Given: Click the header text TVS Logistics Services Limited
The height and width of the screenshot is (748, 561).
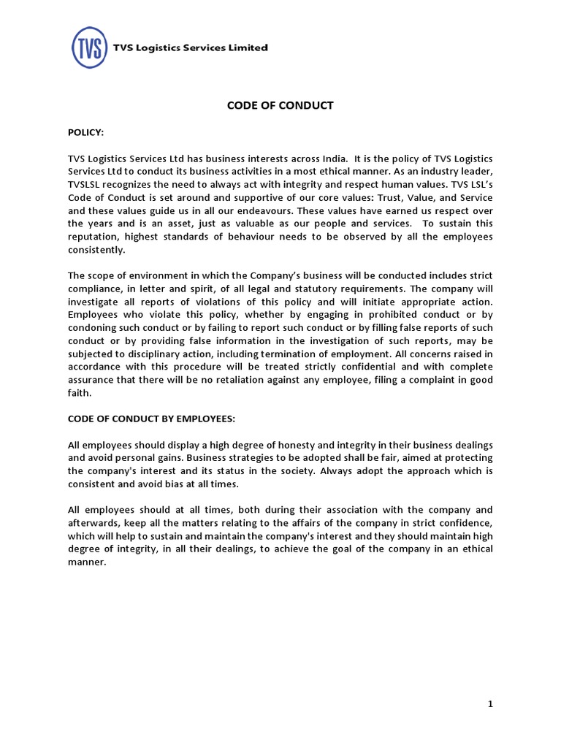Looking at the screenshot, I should tap(190, 48).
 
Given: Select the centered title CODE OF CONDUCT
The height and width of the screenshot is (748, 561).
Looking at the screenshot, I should tap(280, 105).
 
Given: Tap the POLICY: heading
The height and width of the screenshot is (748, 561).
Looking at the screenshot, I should tap(85, 132).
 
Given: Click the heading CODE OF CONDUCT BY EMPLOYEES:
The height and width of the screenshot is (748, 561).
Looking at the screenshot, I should tap(152, 419).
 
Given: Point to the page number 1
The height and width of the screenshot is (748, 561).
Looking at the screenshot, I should tap(491, 704).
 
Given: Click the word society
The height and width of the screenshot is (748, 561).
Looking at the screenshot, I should tap(294, 471).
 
